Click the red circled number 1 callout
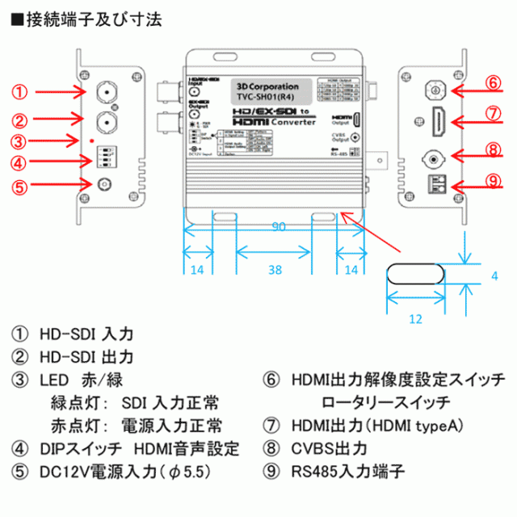21,91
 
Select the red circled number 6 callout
494,83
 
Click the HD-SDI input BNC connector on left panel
106,90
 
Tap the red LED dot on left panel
92,141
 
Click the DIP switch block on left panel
107,156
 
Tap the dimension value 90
280,229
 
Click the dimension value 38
275,271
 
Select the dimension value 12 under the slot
416,319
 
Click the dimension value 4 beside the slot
494,275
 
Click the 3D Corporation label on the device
268,86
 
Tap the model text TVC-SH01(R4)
268,96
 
